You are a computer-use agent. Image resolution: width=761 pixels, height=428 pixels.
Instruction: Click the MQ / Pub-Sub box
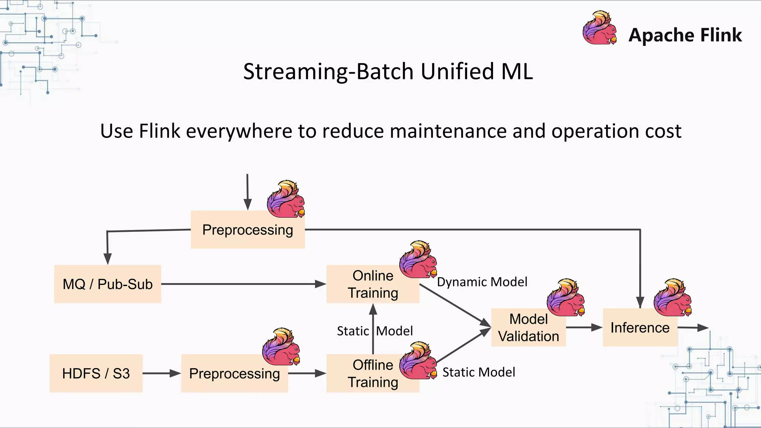pos(107,284)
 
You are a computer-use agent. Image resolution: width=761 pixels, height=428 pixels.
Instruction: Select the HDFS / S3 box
pos(96,373)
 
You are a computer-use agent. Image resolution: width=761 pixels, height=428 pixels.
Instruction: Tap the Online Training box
pos(373,284)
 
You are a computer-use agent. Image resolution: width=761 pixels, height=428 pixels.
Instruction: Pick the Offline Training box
pos(373,373)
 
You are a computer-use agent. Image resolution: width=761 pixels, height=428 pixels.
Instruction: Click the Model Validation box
pos(528,328)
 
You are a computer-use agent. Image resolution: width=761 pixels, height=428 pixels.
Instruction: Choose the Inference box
pos(640,328)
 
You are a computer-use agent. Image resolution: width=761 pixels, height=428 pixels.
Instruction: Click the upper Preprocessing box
pos(247,230)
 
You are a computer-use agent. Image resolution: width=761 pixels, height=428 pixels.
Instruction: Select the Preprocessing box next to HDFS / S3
pos(234,373)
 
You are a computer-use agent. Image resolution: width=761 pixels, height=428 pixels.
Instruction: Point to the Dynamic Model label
pos(482,282)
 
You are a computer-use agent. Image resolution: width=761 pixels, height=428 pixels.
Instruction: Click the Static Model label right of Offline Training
pos(479,372)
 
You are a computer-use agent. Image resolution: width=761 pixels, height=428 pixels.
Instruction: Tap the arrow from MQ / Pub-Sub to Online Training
pos(243,284)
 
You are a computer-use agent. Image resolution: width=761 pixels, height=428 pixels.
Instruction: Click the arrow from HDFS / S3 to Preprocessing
pos(162,373)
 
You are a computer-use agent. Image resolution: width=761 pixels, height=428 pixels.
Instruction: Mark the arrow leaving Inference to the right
pos(693,328)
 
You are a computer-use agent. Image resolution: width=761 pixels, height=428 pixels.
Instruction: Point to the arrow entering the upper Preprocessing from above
pos(247,191)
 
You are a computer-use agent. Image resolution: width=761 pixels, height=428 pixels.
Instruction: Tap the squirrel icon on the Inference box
pos(673,297)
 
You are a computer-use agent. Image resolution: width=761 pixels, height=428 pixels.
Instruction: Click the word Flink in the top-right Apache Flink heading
pos(721,35)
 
